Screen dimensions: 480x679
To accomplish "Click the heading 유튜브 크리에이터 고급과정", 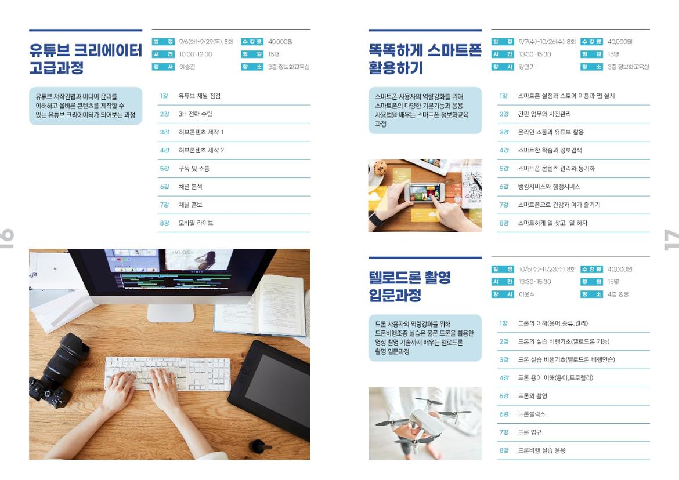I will point(85,59).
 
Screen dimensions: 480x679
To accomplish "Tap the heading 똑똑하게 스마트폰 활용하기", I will point(425,59).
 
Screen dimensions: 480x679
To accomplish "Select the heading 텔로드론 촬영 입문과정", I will point(409,286).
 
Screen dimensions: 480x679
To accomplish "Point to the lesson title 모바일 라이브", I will point(196,223).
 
